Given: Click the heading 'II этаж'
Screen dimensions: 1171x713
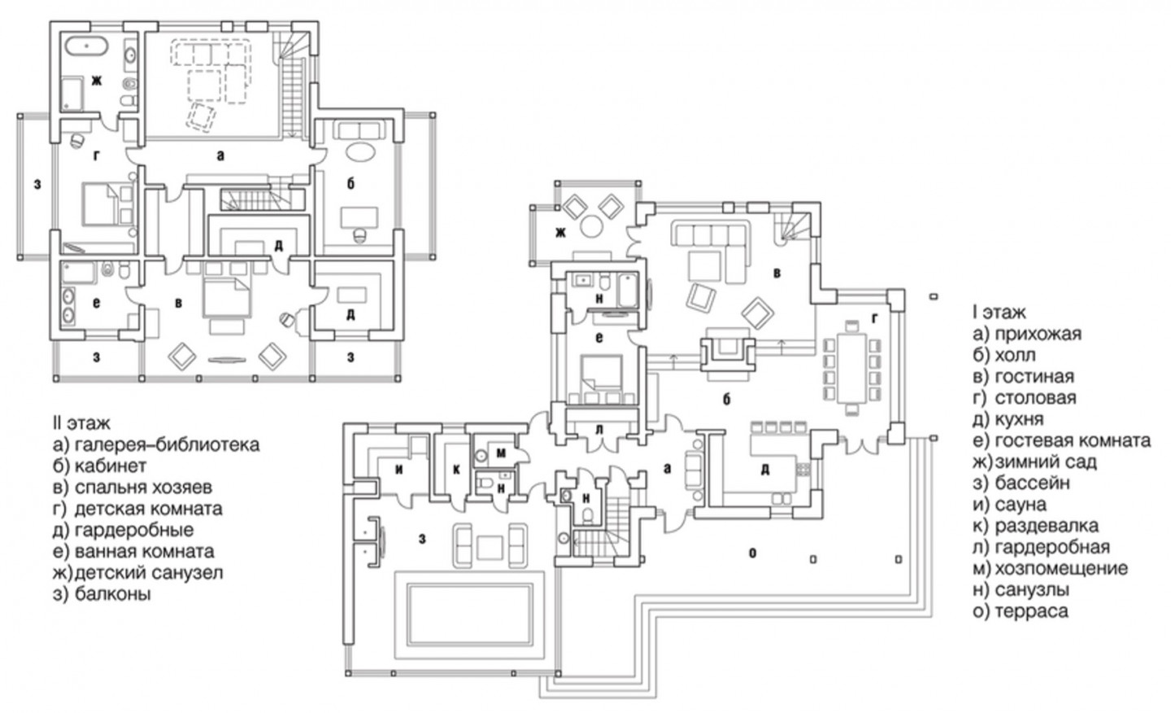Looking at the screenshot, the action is pyautogui.click(x=81, y=422).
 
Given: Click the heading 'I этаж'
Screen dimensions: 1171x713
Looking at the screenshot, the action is pyautogui.click(x=999, y=313).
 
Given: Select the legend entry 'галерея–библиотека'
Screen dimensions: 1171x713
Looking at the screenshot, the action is pyautogui.click(x=168, y=444).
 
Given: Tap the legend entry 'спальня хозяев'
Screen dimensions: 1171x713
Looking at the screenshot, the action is pyautogui.click(x=143, y=487).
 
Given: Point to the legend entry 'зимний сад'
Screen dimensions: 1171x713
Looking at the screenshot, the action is pyautogui.click(x=1046, y=462).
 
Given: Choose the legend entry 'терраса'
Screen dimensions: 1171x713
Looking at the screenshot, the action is pyautogui.click(x=1031, y=611).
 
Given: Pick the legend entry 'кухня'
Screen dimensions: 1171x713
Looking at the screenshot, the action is pyautogui.click(x=1019, y=419).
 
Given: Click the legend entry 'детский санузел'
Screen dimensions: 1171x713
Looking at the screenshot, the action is pyautogui.click(x=149, y=572).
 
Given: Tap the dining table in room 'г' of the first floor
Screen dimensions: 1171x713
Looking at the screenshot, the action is pyautogui.click(x=852, y=368).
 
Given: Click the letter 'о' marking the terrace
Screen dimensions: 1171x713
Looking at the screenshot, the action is pyautogui.click(x=753, y=553).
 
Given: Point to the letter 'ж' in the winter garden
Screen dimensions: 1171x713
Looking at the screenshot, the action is pyautogui.click(x=561, y=232).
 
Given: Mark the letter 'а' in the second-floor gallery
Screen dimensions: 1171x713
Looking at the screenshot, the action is pyautogui.click(x=220, y=155).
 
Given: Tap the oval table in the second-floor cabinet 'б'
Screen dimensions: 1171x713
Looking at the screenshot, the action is pyautogui.click(x=361, y=152).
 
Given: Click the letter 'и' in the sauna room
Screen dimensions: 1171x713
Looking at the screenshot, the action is pyautogui.click(x=398, y=470).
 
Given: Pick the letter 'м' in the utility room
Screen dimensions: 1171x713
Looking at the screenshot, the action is pyautogui.click(x=501, y=453).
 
